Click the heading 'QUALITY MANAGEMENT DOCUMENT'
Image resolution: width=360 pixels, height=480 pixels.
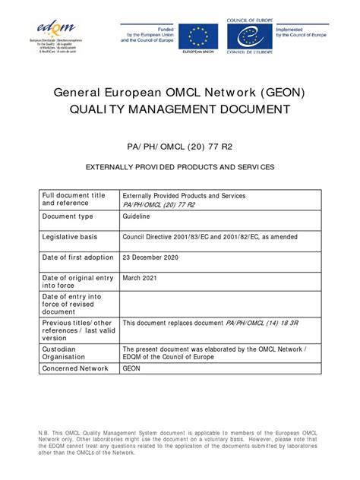click(180, 109)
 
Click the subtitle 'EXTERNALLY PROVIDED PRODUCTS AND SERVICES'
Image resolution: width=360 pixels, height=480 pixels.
click(180, 166)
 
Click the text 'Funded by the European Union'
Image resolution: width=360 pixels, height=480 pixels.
click(147, 31)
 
